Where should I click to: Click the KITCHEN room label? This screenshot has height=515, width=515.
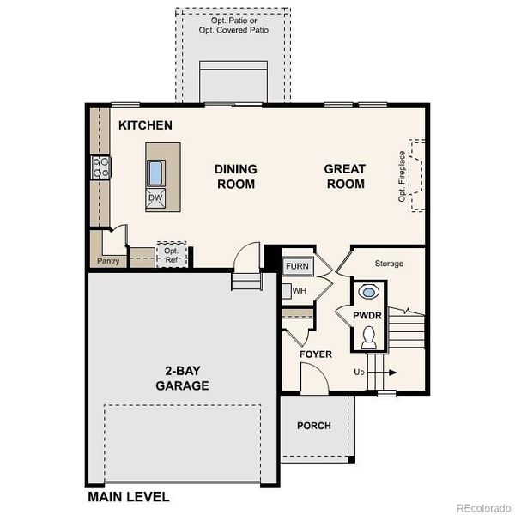(x=145, y=125)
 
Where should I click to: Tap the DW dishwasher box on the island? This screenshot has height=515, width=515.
(x=155, y=198)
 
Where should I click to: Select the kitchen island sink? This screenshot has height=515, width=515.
(x=156, y=173)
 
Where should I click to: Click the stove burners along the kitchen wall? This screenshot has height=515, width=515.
(x=100, y=167)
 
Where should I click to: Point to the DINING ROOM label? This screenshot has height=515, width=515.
(x=235, y=176)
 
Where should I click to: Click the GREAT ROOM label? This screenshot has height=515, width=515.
(x=344, y=176)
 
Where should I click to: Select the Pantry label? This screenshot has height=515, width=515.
(x=108, y=260)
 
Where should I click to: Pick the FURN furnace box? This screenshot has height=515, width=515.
(x=297, y=266)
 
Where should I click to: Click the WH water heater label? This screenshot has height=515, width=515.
(x=299, y=291)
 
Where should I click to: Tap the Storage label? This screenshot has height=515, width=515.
(x=389, y=264)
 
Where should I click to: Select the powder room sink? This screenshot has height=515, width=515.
(x=368, y=293)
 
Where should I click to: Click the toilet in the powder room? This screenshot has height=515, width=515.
(x=368, y=340)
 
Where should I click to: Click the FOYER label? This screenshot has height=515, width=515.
(x=315, y=354)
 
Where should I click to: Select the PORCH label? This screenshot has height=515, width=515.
(x=313, y=426)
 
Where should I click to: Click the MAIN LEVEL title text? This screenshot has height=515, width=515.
(x=129, y=496)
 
